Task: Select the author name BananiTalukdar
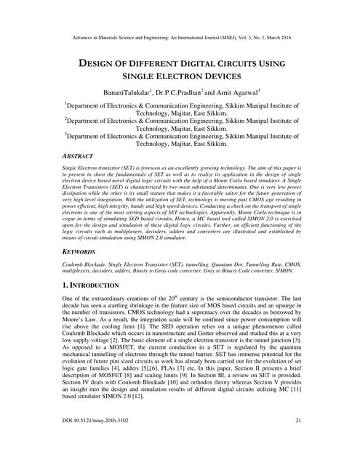[129, 94]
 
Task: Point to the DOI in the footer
[101, 440]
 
